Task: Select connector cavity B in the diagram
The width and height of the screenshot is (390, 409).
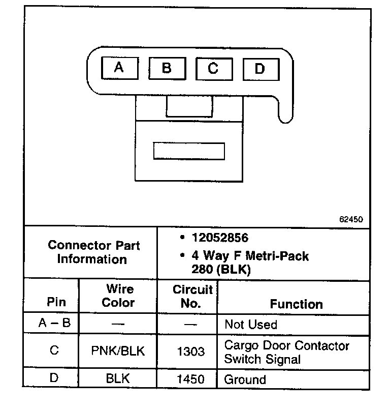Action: (166, 68)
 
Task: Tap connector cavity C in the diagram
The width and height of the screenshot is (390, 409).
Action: (213, 68)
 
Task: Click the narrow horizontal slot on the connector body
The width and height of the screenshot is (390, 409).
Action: (189, 151)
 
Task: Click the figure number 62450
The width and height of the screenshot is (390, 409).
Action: (351, 220)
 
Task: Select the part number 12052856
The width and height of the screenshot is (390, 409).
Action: (220, 238)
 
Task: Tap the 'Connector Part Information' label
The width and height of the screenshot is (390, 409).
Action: (94, 252)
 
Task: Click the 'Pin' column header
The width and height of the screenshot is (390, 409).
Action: (56, 302)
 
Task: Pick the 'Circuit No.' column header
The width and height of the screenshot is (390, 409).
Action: (192, 297)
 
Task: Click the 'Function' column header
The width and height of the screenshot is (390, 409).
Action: (296, 304)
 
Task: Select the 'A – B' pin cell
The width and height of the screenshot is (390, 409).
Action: (54, 325)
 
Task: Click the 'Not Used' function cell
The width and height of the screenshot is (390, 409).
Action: (251, 325)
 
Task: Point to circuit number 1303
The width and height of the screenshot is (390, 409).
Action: (192, 352)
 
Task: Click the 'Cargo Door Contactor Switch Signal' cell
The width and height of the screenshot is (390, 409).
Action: (287, 352)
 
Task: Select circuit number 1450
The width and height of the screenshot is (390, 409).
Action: (192, 379)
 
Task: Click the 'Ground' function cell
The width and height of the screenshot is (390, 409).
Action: (245, 379)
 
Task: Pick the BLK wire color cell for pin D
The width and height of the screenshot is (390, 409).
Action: (118, 378)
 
